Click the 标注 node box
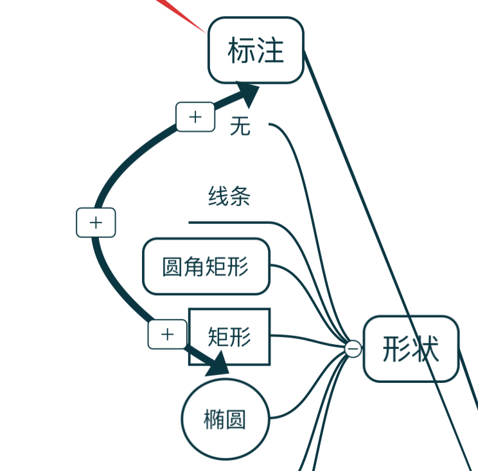[x=256, y=50]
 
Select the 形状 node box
[x=411, y=349]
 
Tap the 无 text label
[x=240, y=126]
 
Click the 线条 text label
[x=229, y=196]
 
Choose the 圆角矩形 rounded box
[x=206, y=266]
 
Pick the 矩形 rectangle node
[x=229, y=337]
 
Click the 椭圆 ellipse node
[x=224, y=419]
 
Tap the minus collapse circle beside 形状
[x=353, y=349]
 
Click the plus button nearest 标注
[x=195, y=117]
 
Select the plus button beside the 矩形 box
[x=168, y=334]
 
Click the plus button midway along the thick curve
[x=96, y=223]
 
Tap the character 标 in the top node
[x=242, y=50]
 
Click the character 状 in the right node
[x=425, y=349]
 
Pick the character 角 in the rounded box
[x=194, y=266]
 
